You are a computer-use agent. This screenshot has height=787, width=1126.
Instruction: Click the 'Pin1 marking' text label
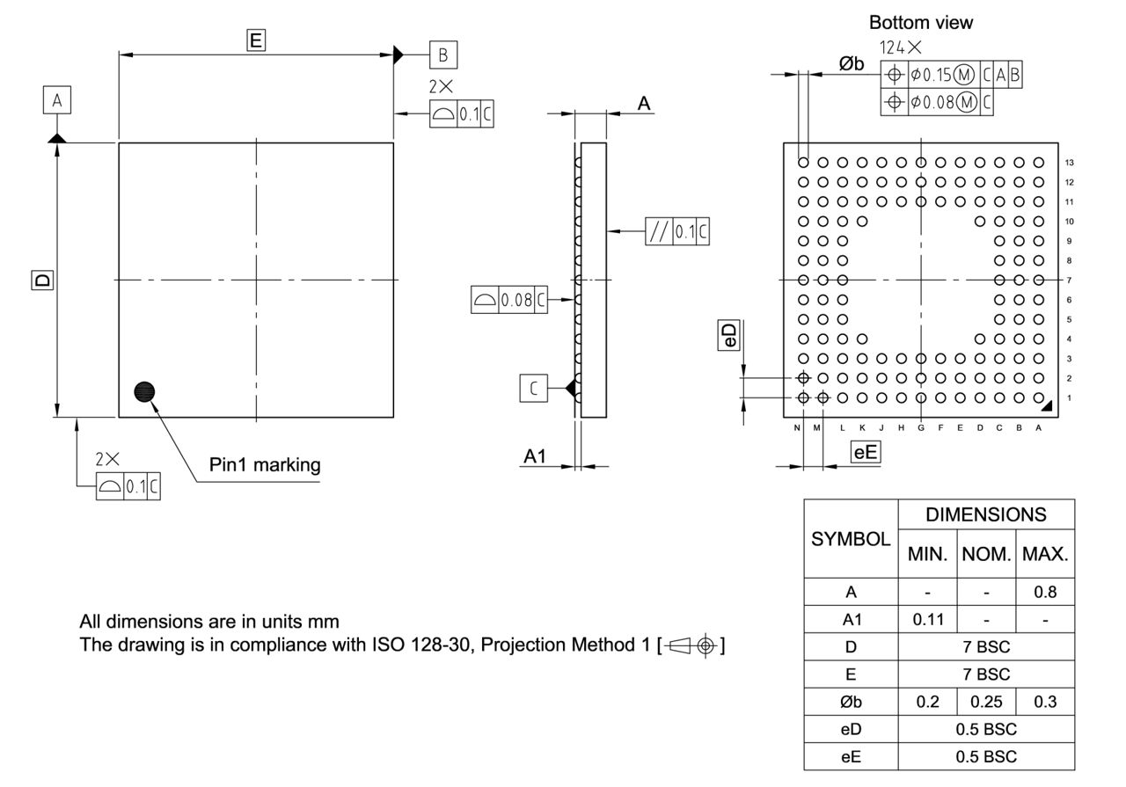coord(264,464)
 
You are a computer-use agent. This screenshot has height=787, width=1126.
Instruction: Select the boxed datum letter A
coord(57,101)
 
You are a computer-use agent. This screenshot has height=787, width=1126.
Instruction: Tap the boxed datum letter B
coord(443,55)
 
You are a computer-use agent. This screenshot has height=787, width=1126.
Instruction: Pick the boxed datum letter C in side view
coord(534,388)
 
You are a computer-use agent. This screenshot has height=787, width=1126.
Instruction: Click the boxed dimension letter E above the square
coord(256,40)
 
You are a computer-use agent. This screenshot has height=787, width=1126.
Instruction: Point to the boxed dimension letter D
coord(41,280)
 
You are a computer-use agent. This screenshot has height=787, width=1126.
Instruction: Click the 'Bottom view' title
coord(920,23)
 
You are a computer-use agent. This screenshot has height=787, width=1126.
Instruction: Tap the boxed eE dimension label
coord(866,453)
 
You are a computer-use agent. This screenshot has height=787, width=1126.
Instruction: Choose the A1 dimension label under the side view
coord(535,456)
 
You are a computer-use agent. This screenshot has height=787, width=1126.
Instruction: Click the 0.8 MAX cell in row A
coord(1045,592)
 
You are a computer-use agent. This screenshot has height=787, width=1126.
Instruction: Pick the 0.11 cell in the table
coord(927,619)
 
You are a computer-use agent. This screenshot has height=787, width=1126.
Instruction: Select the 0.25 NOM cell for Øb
coord(986,701)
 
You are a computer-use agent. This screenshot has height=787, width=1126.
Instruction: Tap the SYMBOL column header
coord(850,539)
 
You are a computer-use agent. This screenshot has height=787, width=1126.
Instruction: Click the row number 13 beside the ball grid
coord(1069,163)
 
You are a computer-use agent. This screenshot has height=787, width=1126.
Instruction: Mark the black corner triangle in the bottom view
coord(1049,406)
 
